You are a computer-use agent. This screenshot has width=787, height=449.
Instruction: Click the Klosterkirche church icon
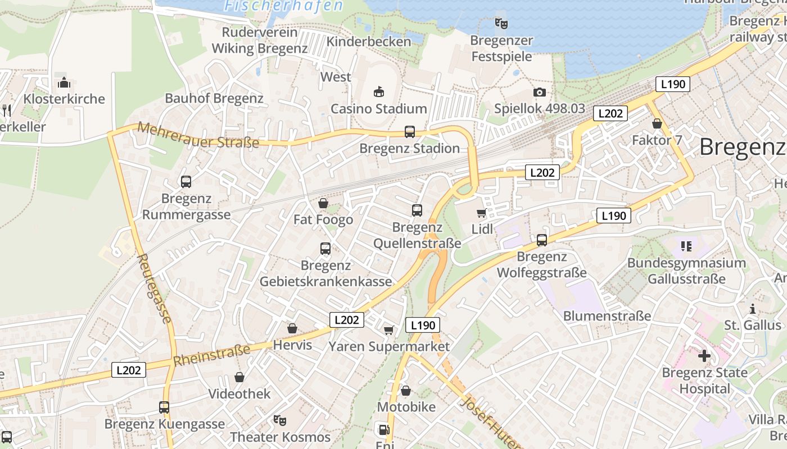coord(64,83)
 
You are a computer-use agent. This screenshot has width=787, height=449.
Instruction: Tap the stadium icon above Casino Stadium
coord(379,92)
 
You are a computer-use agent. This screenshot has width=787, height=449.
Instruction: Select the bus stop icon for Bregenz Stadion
coord(410,132)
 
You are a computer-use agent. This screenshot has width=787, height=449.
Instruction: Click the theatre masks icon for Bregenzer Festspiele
coord(501,24)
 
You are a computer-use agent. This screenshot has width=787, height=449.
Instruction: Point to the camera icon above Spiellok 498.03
coord(539,93)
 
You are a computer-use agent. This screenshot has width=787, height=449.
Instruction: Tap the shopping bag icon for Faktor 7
coord(657,123)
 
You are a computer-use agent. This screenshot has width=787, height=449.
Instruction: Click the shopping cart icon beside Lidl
coord(481,213)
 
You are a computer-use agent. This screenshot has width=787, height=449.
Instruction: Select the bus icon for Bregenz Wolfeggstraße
coord(542,240)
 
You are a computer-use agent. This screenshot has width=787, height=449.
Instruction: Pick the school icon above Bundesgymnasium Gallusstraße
coord(686,246)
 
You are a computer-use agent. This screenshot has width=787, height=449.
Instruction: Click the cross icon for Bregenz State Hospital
coord(704,355)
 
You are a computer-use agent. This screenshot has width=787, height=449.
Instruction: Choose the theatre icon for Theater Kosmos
coord(279,420)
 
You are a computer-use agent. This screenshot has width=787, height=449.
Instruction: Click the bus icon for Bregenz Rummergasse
coord(186,182)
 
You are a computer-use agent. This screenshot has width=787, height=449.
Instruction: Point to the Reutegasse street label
coord(154,288)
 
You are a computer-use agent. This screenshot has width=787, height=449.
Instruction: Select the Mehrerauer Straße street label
coord(198,135)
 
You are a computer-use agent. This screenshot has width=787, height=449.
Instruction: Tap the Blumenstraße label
coord(607,316)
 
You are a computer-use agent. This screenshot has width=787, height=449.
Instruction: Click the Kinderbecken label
coord(369,42)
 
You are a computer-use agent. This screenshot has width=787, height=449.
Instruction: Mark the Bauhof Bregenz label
coord(214,98)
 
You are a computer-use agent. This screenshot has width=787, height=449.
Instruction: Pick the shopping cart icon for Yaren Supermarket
coord(388,330)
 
